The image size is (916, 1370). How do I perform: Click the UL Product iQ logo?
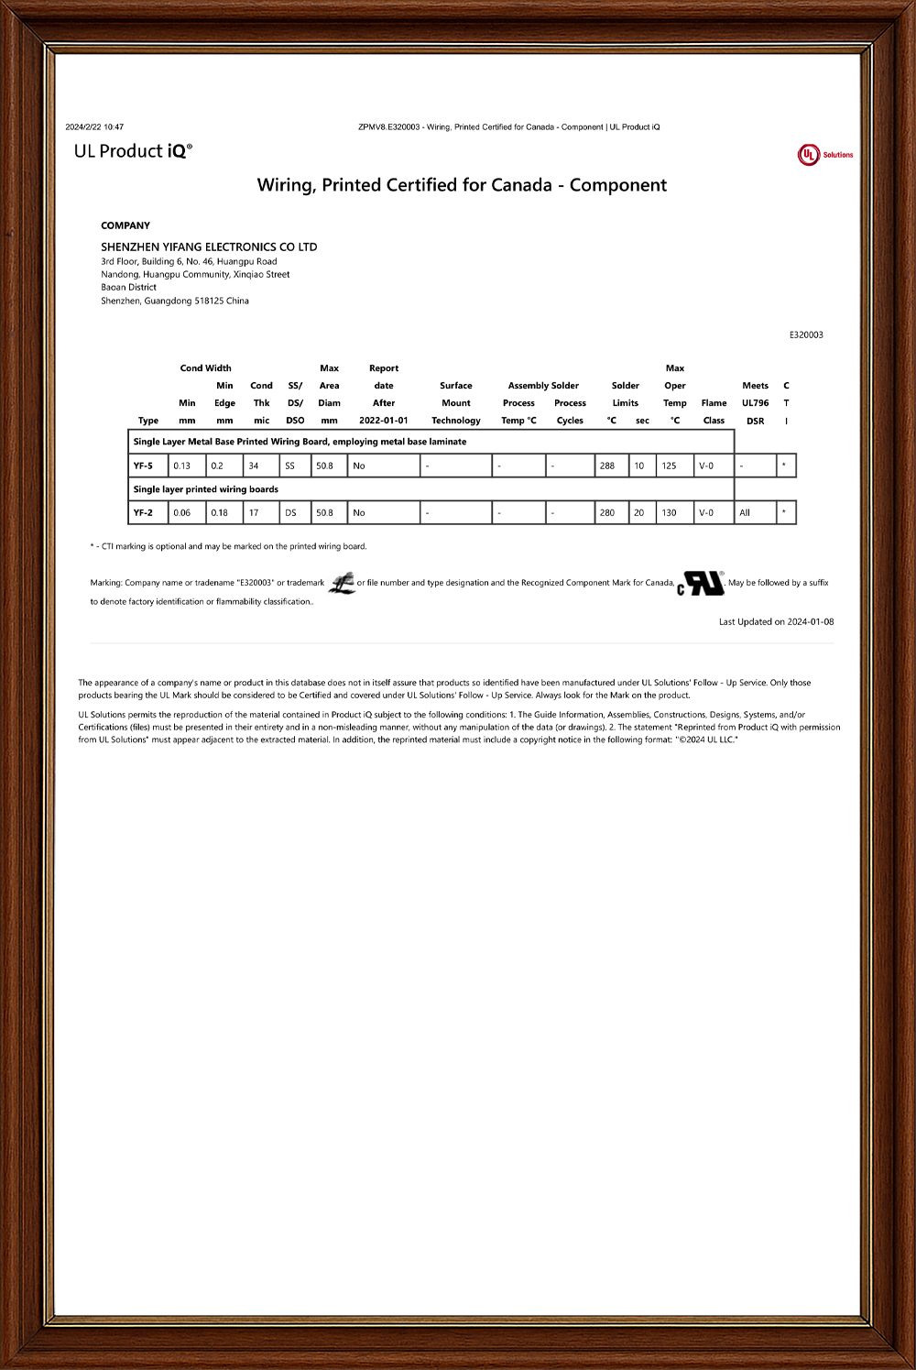133,151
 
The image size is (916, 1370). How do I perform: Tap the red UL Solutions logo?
824,155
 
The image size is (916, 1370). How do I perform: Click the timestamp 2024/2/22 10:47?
94,127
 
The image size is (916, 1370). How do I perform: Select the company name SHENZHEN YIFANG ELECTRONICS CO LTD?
209,247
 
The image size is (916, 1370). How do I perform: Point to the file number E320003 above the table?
806,335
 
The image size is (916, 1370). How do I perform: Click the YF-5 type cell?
144,466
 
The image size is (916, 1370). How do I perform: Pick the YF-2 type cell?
144,513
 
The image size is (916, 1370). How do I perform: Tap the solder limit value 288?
607,466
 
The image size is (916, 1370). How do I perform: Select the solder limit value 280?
607,513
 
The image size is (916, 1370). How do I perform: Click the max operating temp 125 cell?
670,466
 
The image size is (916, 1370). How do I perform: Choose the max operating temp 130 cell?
670,513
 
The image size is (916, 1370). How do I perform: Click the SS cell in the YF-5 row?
290,466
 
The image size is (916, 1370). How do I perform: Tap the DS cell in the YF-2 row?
290,513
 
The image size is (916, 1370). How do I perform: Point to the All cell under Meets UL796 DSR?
745,513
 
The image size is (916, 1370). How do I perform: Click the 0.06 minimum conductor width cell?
182,513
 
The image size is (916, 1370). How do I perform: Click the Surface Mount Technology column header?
456,403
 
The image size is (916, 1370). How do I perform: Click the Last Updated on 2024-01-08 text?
776,622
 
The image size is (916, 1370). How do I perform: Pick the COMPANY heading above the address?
125,225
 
